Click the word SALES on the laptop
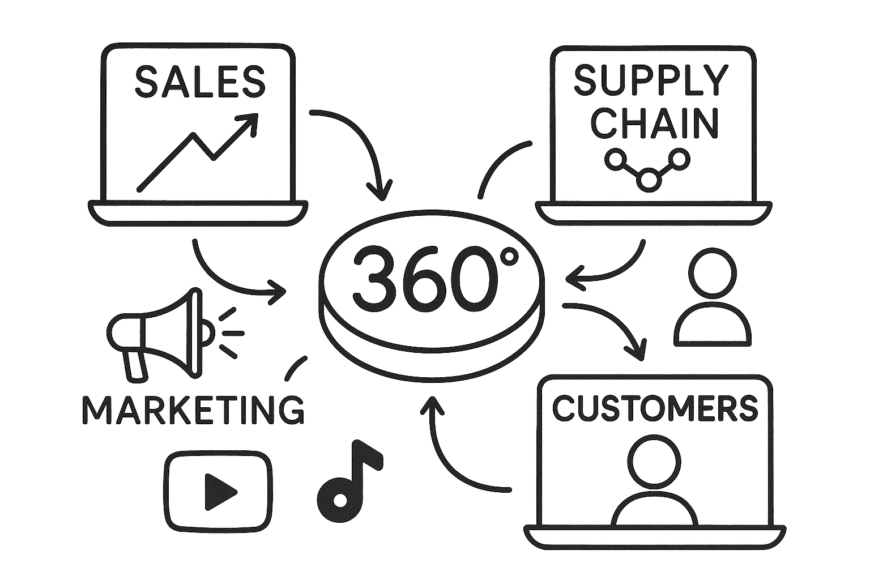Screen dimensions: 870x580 (x=200, y=81)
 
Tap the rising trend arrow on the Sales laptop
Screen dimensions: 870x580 (x=196, y=152)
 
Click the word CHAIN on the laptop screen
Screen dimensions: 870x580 (x=655, y=123)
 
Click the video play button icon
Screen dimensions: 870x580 (x=218, y=491)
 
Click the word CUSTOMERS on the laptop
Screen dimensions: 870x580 (x=655, y=408)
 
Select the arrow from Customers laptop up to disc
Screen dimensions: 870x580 (x=447, y=453)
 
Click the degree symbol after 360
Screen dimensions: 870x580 (x=508, y=257)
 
